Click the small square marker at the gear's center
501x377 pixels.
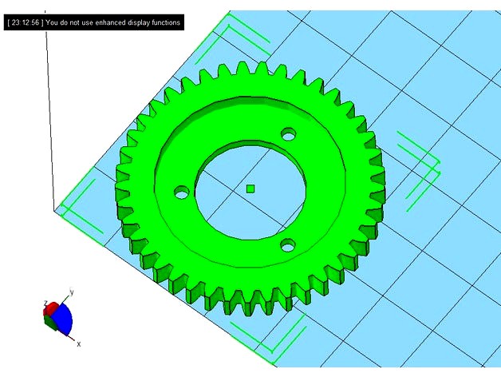pyautogui.click(x=250, y=188)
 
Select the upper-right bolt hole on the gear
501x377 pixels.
pyautogui.click(x=288, y=133)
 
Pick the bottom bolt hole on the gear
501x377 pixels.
pyautogui.click(x=287, y=246)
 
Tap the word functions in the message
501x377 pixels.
pyautogui.click(x=165, y=23)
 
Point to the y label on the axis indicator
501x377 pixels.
pyautogui.click(x=72, y=293)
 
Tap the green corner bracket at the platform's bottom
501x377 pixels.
pyautogui.click(x=283, y=335)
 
